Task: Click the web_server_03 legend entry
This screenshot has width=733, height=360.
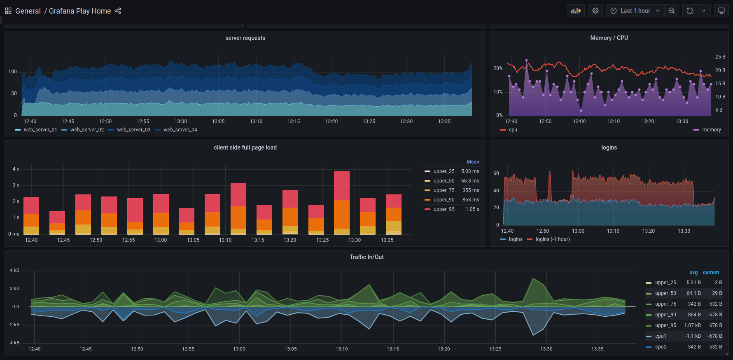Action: [x=129, y=130]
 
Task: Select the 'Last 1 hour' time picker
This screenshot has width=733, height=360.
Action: [x=635, y=11]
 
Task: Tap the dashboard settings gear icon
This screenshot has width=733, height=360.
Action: [x=595, y=11]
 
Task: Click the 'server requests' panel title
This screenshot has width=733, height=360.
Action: [x=245, y=38]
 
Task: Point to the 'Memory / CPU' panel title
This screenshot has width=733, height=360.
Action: [x=609, y=38]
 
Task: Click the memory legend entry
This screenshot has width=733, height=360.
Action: [x=707, y=130]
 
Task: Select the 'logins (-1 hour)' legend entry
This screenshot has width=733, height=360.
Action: [x=549, y=239]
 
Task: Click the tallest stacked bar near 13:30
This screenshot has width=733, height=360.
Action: [x=342, y=203]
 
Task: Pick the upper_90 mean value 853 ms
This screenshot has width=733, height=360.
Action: [x=471, y=200]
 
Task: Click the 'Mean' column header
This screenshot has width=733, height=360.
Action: [x=473, y=162]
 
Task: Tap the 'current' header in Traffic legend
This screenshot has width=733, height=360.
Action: [x=711, y=273]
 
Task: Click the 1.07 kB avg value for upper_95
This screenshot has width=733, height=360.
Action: [x=692, y=325]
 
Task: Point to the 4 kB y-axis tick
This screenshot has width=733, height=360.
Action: [x=15, y=271]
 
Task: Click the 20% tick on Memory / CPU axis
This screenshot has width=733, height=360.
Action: [x=498, y=68]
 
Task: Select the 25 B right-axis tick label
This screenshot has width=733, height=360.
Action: [x=720, y=57]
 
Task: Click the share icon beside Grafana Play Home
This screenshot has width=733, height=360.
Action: [x=118, y=11]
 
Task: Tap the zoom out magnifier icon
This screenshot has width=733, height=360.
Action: [x=671, y=11]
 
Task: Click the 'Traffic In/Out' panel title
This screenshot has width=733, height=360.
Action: [x=366, y=257]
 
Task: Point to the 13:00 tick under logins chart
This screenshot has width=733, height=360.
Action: [x=578, y=231]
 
